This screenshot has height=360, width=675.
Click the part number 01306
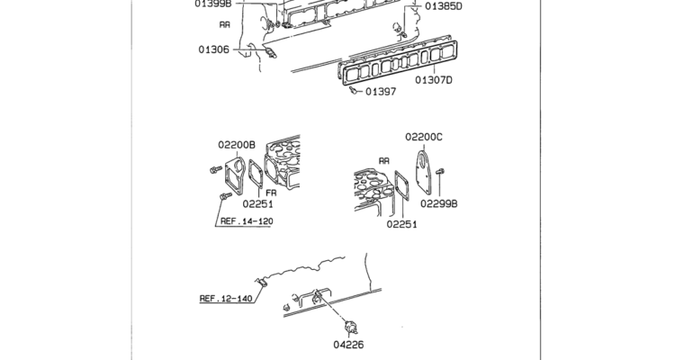[x=213, y=49]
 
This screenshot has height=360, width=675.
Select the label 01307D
[x=434, y=80]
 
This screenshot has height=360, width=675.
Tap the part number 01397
[x=381, y=91]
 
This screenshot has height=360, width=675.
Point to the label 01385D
[x=444, y=6]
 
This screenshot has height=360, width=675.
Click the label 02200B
[x=237, y=145]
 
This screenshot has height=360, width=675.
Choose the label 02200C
[x=424, y=137]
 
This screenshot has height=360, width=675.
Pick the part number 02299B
[x=438, y=203]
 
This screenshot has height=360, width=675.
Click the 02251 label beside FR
[x=257, y=203]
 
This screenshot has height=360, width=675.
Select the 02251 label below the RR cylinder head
[x=401, y=224]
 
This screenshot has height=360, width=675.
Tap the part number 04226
[x=348, y=345]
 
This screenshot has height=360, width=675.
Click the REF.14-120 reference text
[x=247, y=221]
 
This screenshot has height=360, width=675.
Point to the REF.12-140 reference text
[x=226, y=298]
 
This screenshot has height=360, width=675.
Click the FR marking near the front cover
[x=271, y=193]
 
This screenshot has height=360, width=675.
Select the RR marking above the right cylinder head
[x=384, y=160]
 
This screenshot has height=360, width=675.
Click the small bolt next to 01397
[x=353, y=90]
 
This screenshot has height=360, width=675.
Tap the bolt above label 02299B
[x=439, y=172]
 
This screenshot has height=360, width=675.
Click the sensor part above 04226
[x=351, y=328]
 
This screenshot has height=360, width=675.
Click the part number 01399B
[x=213, y=4]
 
